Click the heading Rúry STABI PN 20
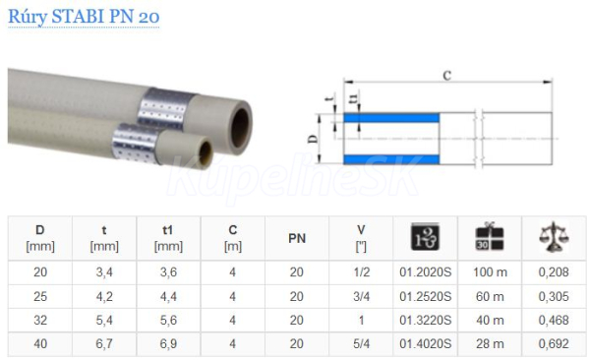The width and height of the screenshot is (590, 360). pos(84,17)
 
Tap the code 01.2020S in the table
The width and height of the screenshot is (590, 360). pos(425,271)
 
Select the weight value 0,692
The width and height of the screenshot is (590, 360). pos(554,343)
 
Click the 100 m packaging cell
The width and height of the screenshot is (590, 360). pos(490,271)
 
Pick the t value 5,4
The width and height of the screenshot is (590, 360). pos(104,320)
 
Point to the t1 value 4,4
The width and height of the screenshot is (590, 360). pos(168,296)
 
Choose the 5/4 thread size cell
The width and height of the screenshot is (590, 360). pos(361,343)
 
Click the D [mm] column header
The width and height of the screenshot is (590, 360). pos(40,238)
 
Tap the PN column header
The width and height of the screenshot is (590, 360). pos(297,238)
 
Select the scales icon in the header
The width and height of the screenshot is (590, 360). pos(554,236)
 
